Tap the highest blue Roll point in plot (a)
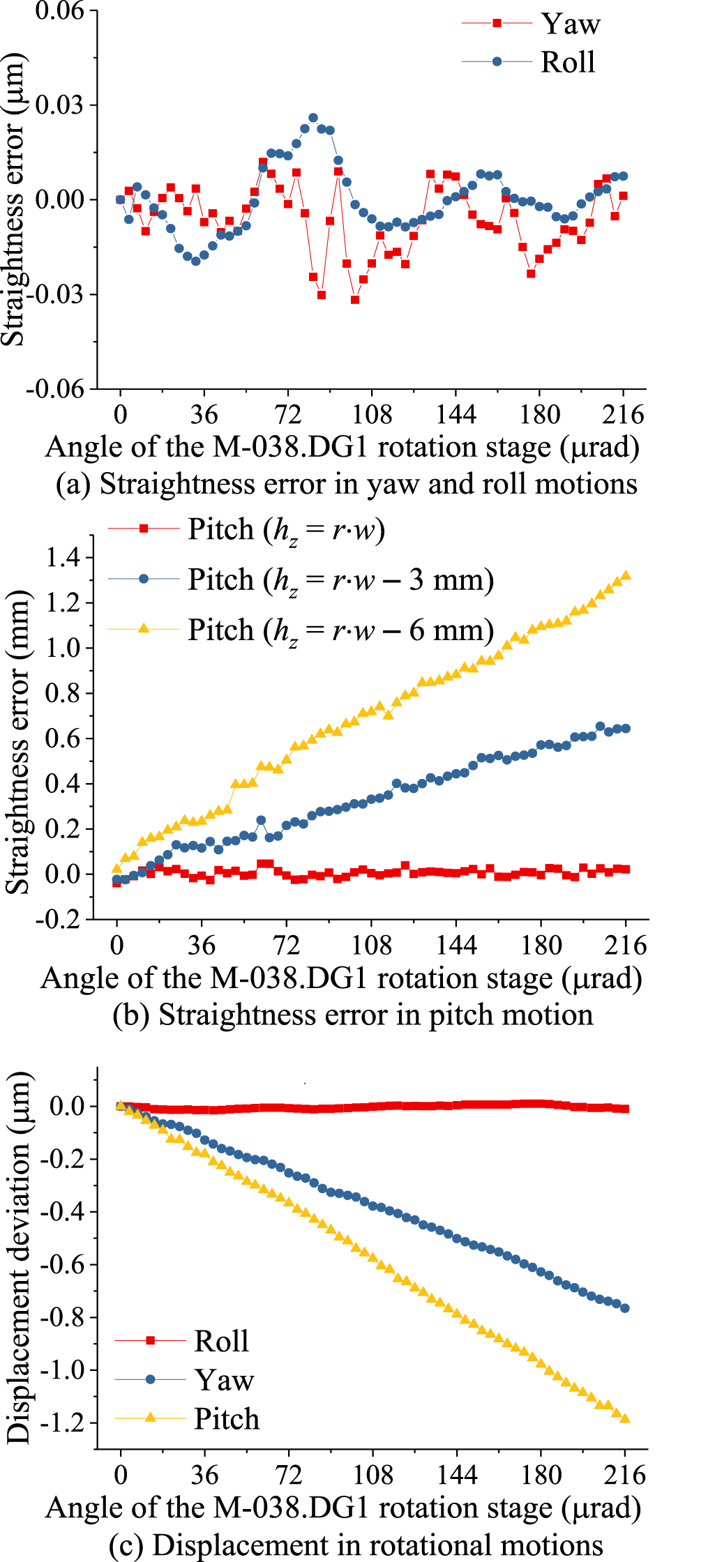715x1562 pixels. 313,118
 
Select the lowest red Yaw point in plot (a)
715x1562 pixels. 355,300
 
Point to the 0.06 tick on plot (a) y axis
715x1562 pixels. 59,11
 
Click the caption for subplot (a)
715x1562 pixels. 347,483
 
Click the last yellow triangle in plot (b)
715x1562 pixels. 626,575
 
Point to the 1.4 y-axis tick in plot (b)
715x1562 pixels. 63,557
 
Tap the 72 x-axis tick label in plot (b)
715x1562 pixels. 286,945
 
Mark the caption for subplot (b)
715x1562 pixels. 353,1015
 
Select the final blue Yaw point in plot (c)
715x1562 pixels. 624,1308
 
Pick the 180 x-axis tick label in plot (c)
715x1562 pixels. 541,1475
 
